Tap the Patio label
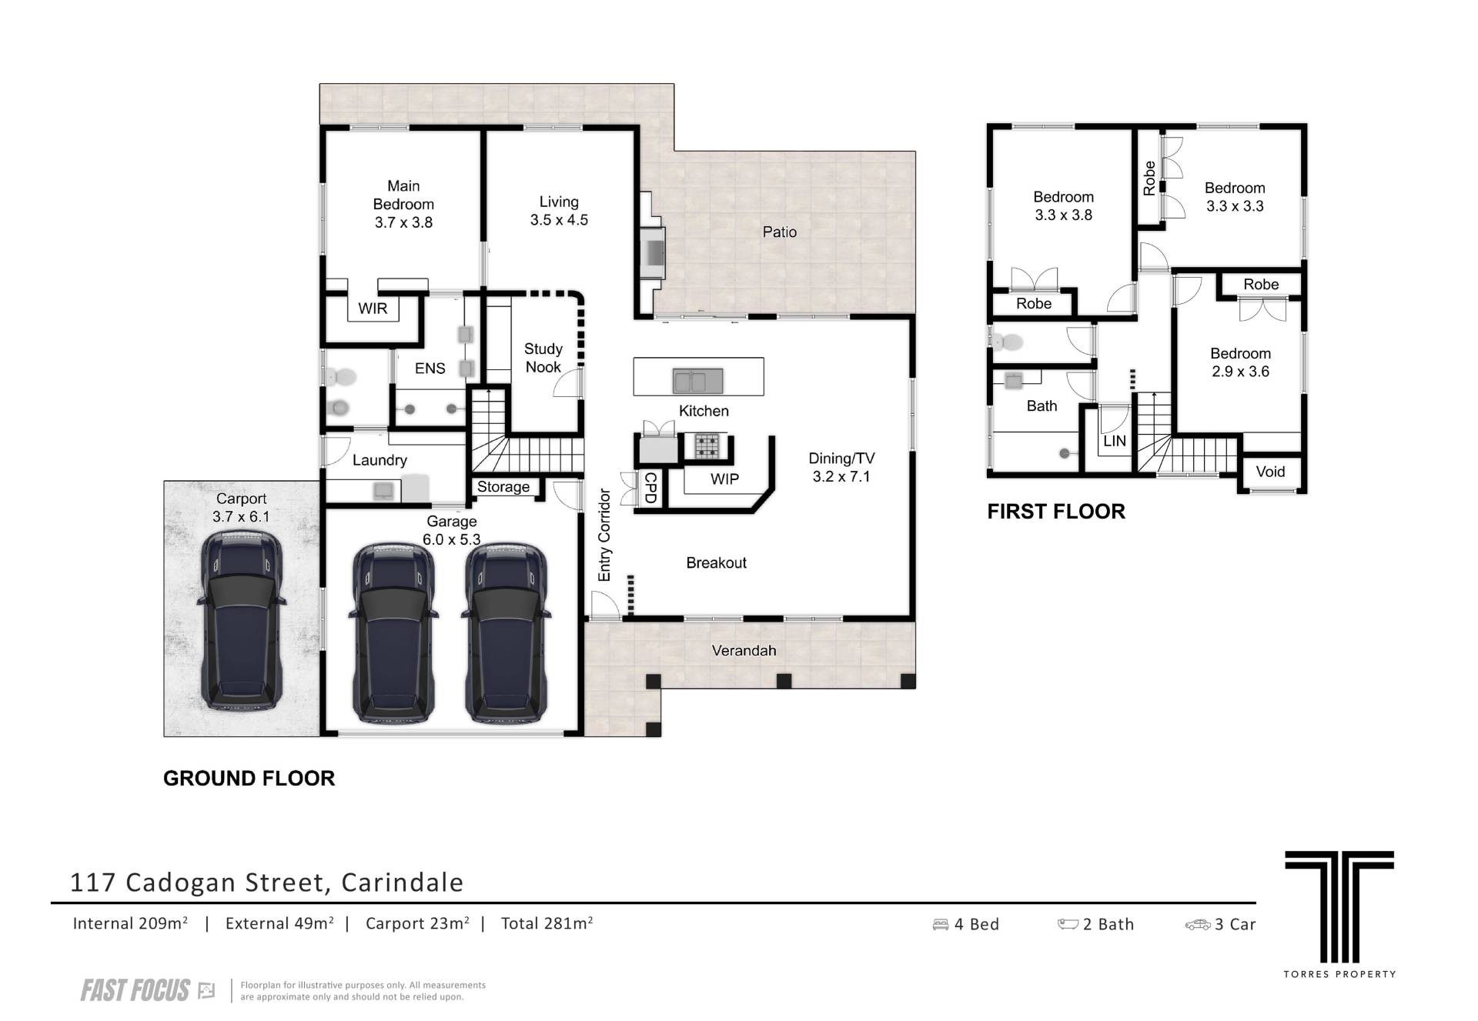point(779,232)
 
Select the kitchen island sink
point(698,381)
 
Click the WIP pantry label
point(724,479)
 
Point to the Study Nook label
point(543,358)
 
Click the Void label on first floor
point(1270,472)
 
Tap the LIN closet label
point(1114,441)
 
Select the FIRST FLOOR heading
point(1056,512)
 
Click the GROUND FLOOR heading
point(249,779)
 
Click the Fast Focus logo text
point(135,990)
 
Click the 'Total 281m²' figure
point(547,923)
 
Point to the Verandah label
point(744,650)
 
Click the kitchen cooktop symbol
point(707,446)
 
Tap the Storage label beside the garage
point(503,486)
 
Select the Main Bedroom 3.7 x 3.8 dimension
point(403,222)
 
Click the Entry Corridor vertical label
point(604,535)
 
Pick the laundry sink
point(383,490)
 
